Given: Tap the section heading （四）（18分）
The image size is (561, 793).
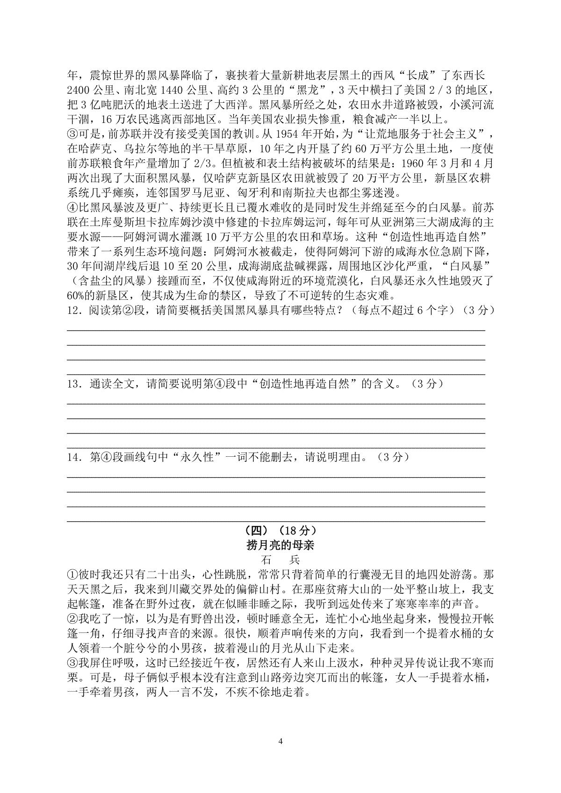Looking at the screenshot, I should [280, 531].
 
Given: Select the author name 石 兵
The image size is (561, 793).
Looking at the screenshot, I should [280, 559].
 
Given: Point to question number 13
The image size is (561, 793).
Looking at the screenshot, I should [75, 384].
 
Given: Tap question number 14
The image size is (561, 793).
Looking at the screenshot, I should [75, 458].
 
